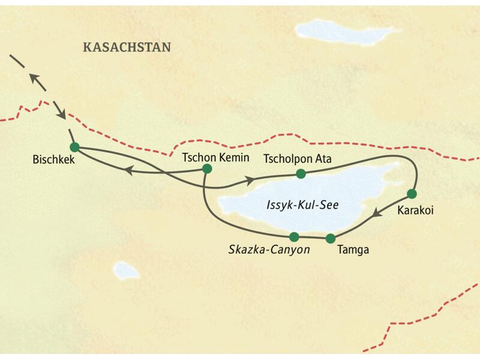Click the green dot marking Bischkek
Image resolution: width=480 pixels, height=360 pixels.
pos(74,147)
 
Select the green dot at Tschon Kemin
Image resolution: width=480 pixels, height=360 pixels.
pos(207,169)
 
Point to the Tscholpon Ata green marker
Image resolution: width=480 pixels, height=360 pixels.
pos(301,174)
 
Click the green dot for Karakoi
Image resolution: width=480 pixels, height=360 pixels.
pos(412,193)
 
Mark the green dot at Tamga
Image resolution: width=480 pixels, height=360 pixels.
pos(330,238)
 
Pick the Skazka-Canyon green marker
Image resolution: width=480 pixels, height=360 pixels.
pos(294,236)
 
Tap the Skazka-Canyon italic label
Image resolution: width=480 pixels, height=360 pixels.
pos(269,250)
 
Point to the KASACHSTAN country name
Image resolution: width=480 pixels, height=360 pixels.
pos(127,47)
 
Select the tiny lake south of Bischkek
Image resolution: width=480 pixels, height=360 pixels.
pos(127,270)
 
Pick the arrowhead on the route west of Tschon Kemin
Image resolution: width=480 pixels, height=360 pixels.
pos(128,170)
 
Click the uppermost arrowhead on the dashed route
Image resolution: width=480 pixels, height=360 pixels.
pos(35,77)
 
